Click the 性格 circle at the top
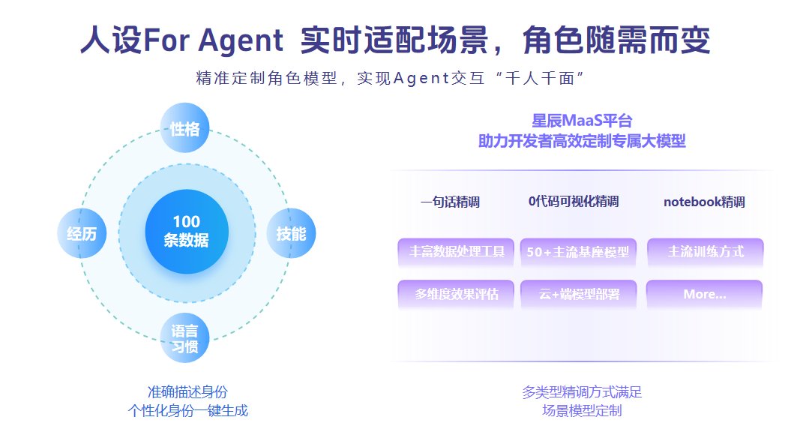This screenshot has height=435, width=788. click(184, 127)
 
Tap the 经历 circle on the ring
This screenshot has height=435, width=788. click(82, 233)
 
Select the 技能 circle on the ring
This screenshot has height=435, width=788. click(291, 233)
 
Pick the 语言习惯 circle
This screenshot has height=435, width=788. click(184, 338)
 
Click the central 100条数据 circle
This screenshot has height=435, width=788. click(187, 231)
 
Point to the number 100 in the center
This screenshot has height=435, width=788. click(187, 222)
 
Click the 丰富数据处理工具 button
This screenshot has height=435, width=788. click(456, 251)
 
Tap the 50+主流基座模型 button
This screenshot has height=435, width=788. click(578, 251)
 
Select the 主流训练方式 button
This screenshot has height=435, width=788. click(705, 251)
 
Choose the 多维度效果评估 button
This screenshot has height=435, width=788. click(456, 294)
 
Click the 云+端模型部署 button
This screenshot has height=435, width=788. click(578, 294)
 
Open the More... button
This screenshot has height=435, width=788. click(705, 294)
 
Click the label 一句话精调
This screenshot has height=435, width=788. click(450, 202)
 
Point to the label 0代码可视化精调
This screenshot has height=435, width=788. click(574, 202)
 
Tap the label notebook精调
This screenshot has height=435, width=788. click(704, 202)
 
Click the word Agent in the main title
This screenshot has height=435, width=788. click(241, 40)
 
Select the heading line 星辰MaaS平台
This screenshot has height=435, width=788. click(582, 121)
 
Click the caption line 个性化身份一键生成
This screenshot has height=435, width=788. click(188, 411)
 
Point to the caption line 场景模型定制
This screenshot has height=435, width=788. click(582, 411)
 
